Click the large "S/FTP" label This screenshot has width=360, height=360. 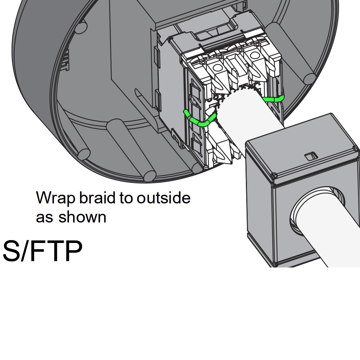click(x=42, y=251)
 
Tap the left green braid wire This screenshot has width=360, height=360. click(x=200, y=120)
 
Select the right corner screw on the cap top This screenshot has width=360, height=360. click(x=356, y=149)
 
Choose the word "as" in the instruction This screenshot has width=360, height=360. click(x=44, y=217)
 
